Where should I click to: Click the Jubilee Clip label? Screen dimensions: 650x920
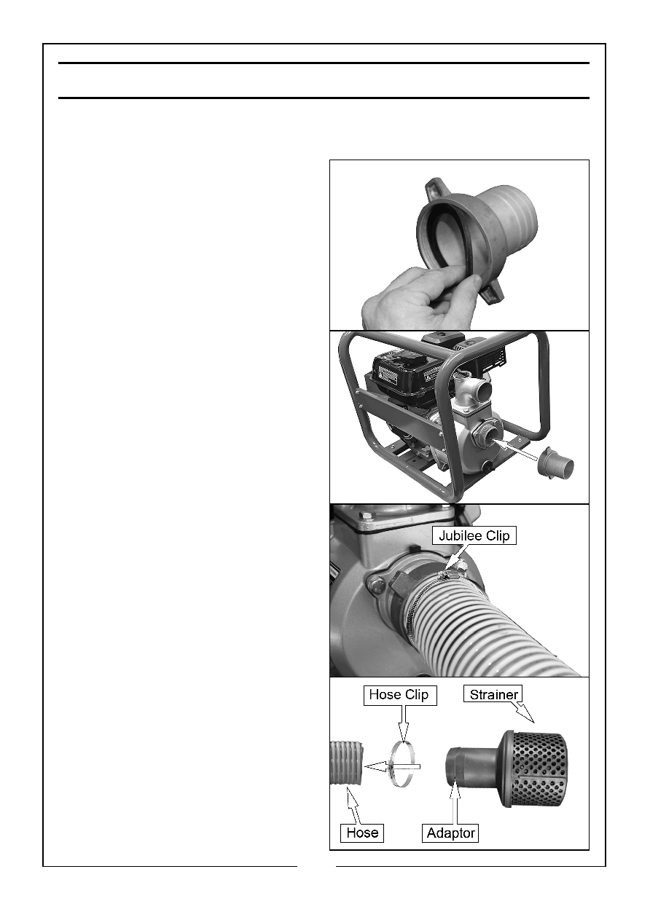click(x=474, y=535)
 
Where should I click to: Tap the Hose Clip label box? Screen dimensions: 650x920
click(x=399, y=694)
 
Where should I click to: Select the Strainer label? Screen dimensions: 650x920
click(x=493, y=693)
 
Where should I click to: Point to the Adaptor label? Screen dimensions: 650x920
click(x=450, y=832)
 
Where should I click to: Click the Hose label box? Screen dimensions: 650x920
click(x=362, y=832)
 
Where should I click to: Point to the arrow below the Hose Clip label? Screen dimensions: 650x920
click(x=404, y=723)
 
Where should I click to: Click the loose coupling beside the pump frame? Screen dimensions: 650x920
click(x=555, y=462)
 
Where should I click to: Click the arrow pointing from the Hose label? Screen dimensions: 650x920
click(x=355, y=806)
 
